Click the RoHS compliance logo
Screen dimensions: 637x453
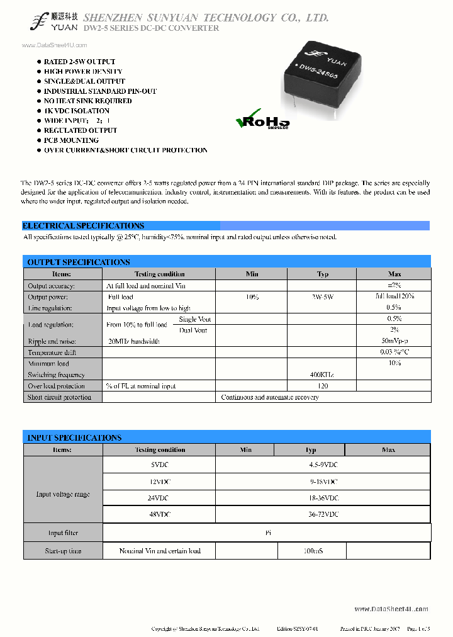262,121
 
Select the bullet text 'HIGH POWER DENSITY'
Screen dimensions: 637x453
83,72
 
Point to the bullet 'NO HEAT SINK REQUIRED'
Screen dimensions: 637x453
87,101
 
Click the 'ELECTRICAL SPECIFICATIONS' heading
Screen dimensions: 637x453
83,225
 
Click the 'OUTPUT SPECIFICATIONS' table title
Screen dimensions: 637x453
79,262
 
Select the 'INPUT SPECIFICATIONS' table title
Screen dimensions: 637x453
74,437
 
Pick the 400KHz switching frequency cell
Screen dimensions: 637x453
322,375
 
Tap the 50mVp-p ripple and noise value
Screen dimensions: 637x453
394,341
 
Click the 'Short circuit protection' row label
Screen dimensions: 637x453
60,397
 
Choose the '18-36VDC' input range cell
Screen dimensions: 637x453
323,498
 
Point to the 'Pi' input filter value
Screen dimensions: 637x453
267,533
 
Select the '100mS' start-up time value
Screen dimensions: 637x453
311,551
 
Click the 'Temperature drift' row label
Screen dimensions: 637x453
52,352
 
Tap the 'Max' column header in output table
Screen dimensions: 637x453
394,274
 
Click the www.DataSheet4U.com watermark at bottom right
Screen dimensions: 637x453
391,609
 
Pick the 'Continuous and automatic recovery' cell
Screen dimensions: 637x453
270,397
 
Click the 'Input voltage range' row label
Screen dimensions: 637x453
63,494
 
